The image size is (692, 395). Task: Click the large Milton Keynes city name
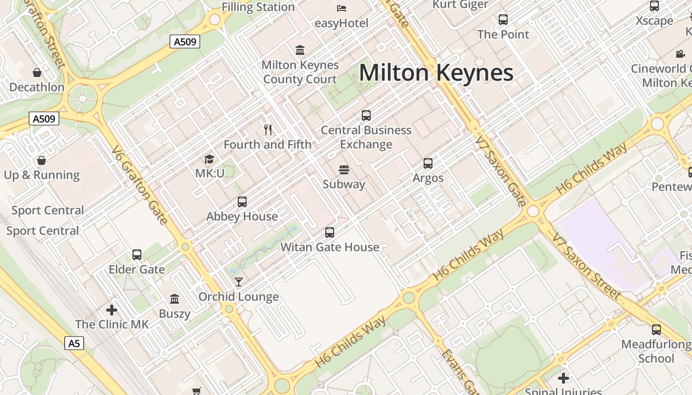point(436,73)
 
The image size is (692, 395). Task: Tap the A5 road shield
point(74,343)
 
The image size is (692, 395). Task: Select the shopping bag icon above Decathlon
point(37,73)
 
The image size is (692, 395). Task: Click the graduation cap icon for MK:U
point(210,159)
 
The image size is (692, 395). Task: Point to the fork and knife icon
point(268,130)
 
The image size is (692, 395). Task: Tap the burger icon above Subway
point(344,170)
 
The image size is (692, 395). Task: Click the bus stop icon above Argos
point(428,163)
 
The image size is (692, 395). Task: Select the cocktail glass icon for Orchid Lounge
point(239,282)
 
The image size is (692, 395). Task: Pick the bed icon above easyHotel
point(342,8)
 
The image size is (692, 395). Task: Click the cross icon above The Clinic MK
point(112,310)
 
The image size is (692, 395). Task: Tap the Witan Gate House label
point(330,247)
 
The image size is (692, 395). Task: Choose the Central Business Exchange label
point(366,137)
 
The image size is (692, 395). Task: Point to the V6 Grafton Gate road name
point(139,185)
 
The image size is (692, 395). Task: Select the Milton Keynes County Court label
point(300,72)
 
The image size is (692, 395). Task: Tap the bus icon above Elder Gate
point(137,255)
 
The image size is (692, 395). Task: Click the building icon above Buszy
point(174,299)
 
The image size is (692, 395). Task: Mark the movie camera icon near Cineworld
point(681,54)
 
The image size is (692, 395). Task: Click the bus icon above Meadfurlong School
point(656,330)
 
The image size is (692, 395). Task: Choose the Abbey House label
point(242,216)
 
